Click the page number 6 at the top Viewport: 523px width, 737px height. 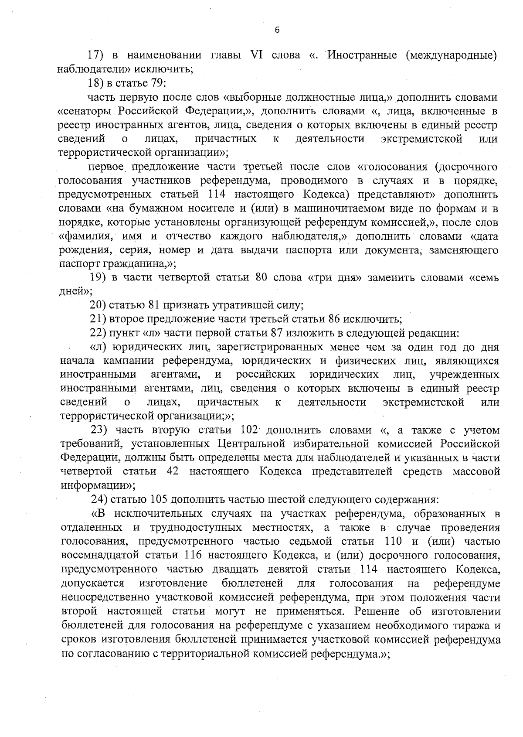coord(277,30)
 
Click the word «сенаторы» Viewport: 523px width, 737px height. coord(85,111)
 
